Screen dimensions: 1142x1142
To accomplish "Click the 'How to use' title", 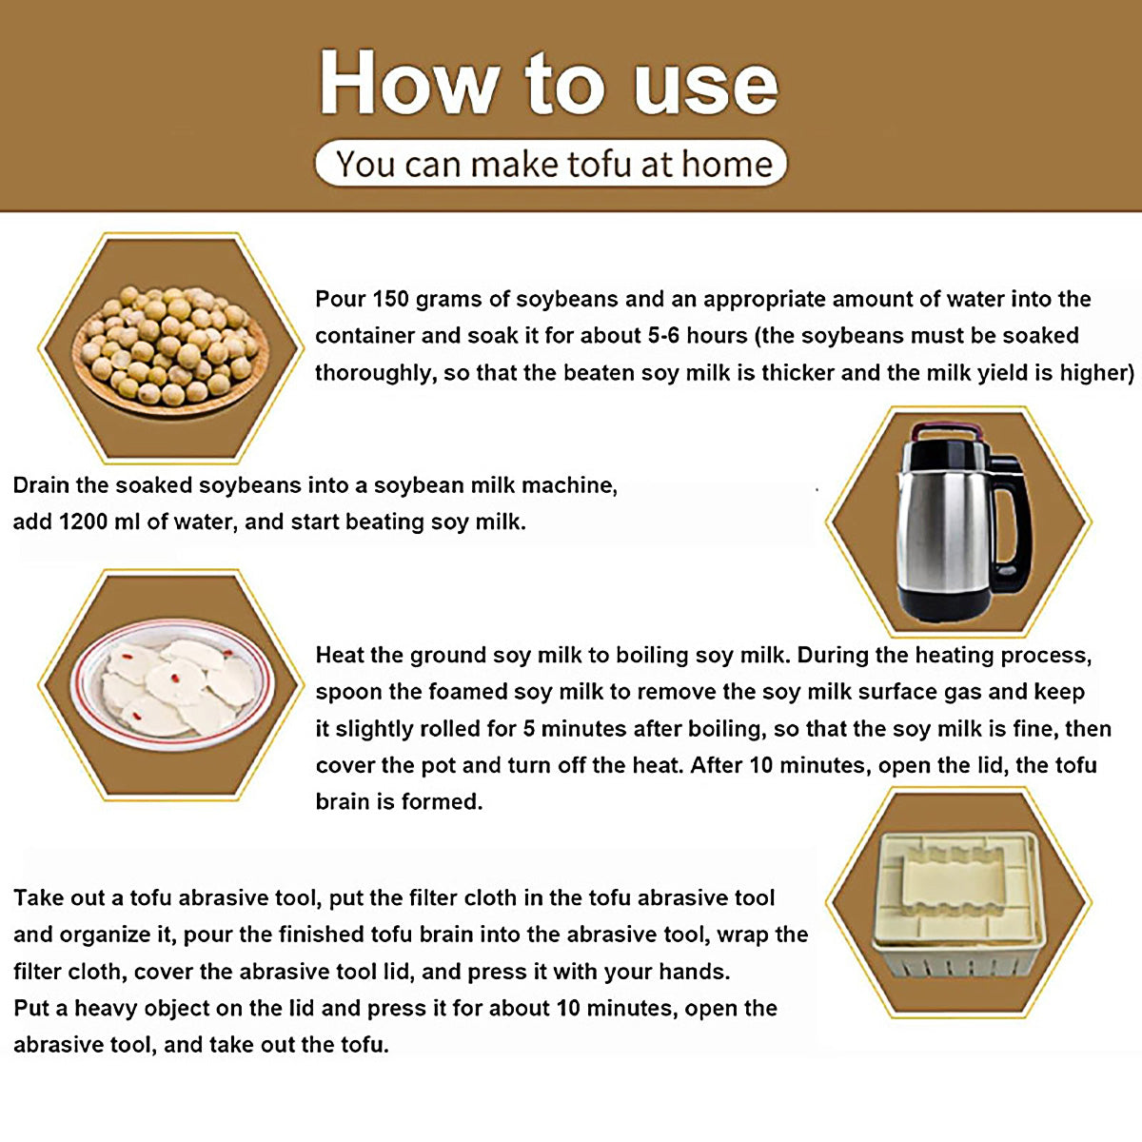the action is [x=548, y=82].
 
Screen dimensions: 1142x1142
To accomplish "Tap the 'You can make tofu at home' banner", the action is [x=551, y=163].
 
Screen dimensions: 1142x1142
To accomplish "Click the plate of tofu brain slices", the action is [x=172, y=685].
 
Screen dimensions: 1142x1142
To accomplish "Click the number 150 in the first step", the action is [x=391, y=299].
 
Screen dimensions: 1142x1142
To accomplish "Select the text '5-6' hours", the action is [x=663, y=336].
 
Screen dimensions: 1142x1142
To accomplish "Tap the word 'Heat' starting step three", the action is [x=343, y=656].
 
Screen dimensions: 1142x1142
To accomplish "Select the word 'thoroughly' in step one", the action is [x=376, y=373].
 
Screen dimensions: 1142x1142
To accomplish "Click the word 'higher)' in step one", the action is [x=1097, y=373].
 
